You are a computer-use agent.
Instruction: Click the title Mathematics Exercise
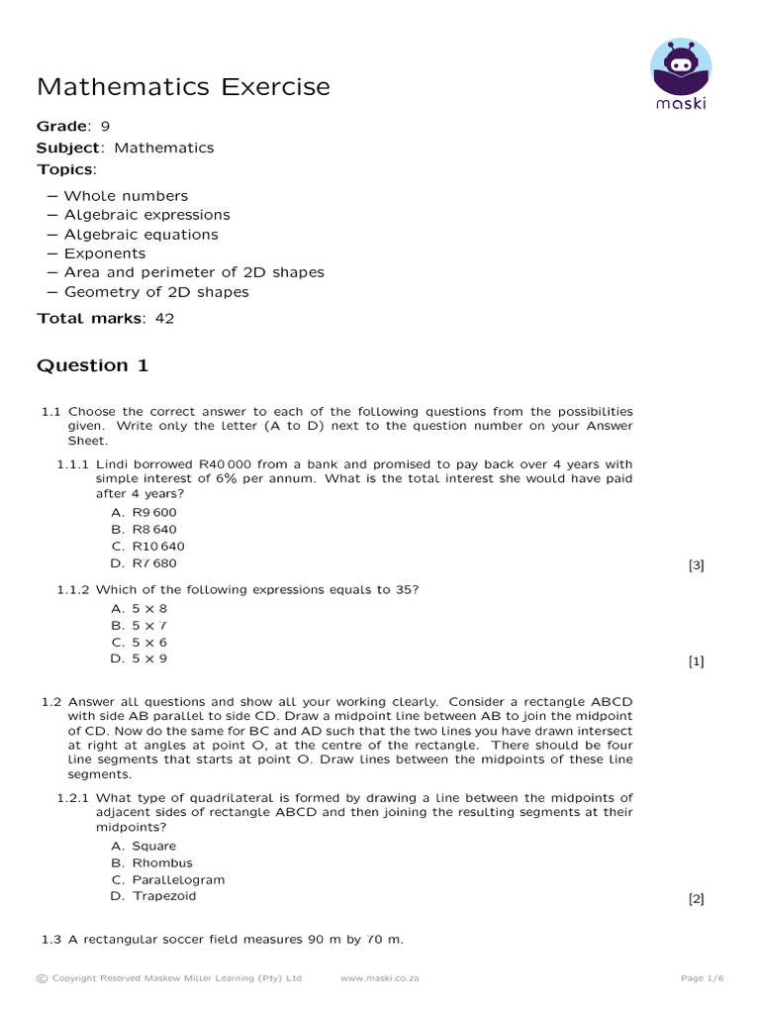pyautogui.click(x=183, y=87)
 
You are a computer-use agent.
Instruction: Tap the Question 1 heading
pyautogui.click(x=92, y=365)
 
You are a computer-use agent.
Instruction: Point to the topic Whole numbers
pyautogui.click(x=126, y=196)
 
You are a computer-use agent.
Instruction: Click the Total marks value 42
pyautogui.click(x=164, y=318)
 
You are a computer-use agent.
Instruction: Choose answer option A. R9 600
pyautogui.click(x=144, y=513)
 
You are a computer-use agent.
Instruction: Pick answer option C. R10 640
pyautogui.click(x=147, y=547)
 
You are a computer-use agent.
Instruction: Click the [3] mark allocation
pyautogui.click(x=696, y=565)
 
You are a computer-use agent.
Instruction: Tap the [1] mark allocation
pyautogui.click(x=696, y=661)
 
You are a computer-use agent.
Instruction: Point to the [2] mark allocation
pyautogui.click(x=696, y=899)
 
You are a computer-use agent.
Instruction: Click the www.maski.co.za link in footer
pyautogui.click(x=379, y=978)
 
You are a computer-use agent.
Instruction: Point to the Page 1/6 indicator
pyautogui.click(x=703, y=978)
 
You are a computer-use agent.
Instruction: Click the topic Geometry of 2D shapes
pyautogui.click(x=156, y=292)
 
